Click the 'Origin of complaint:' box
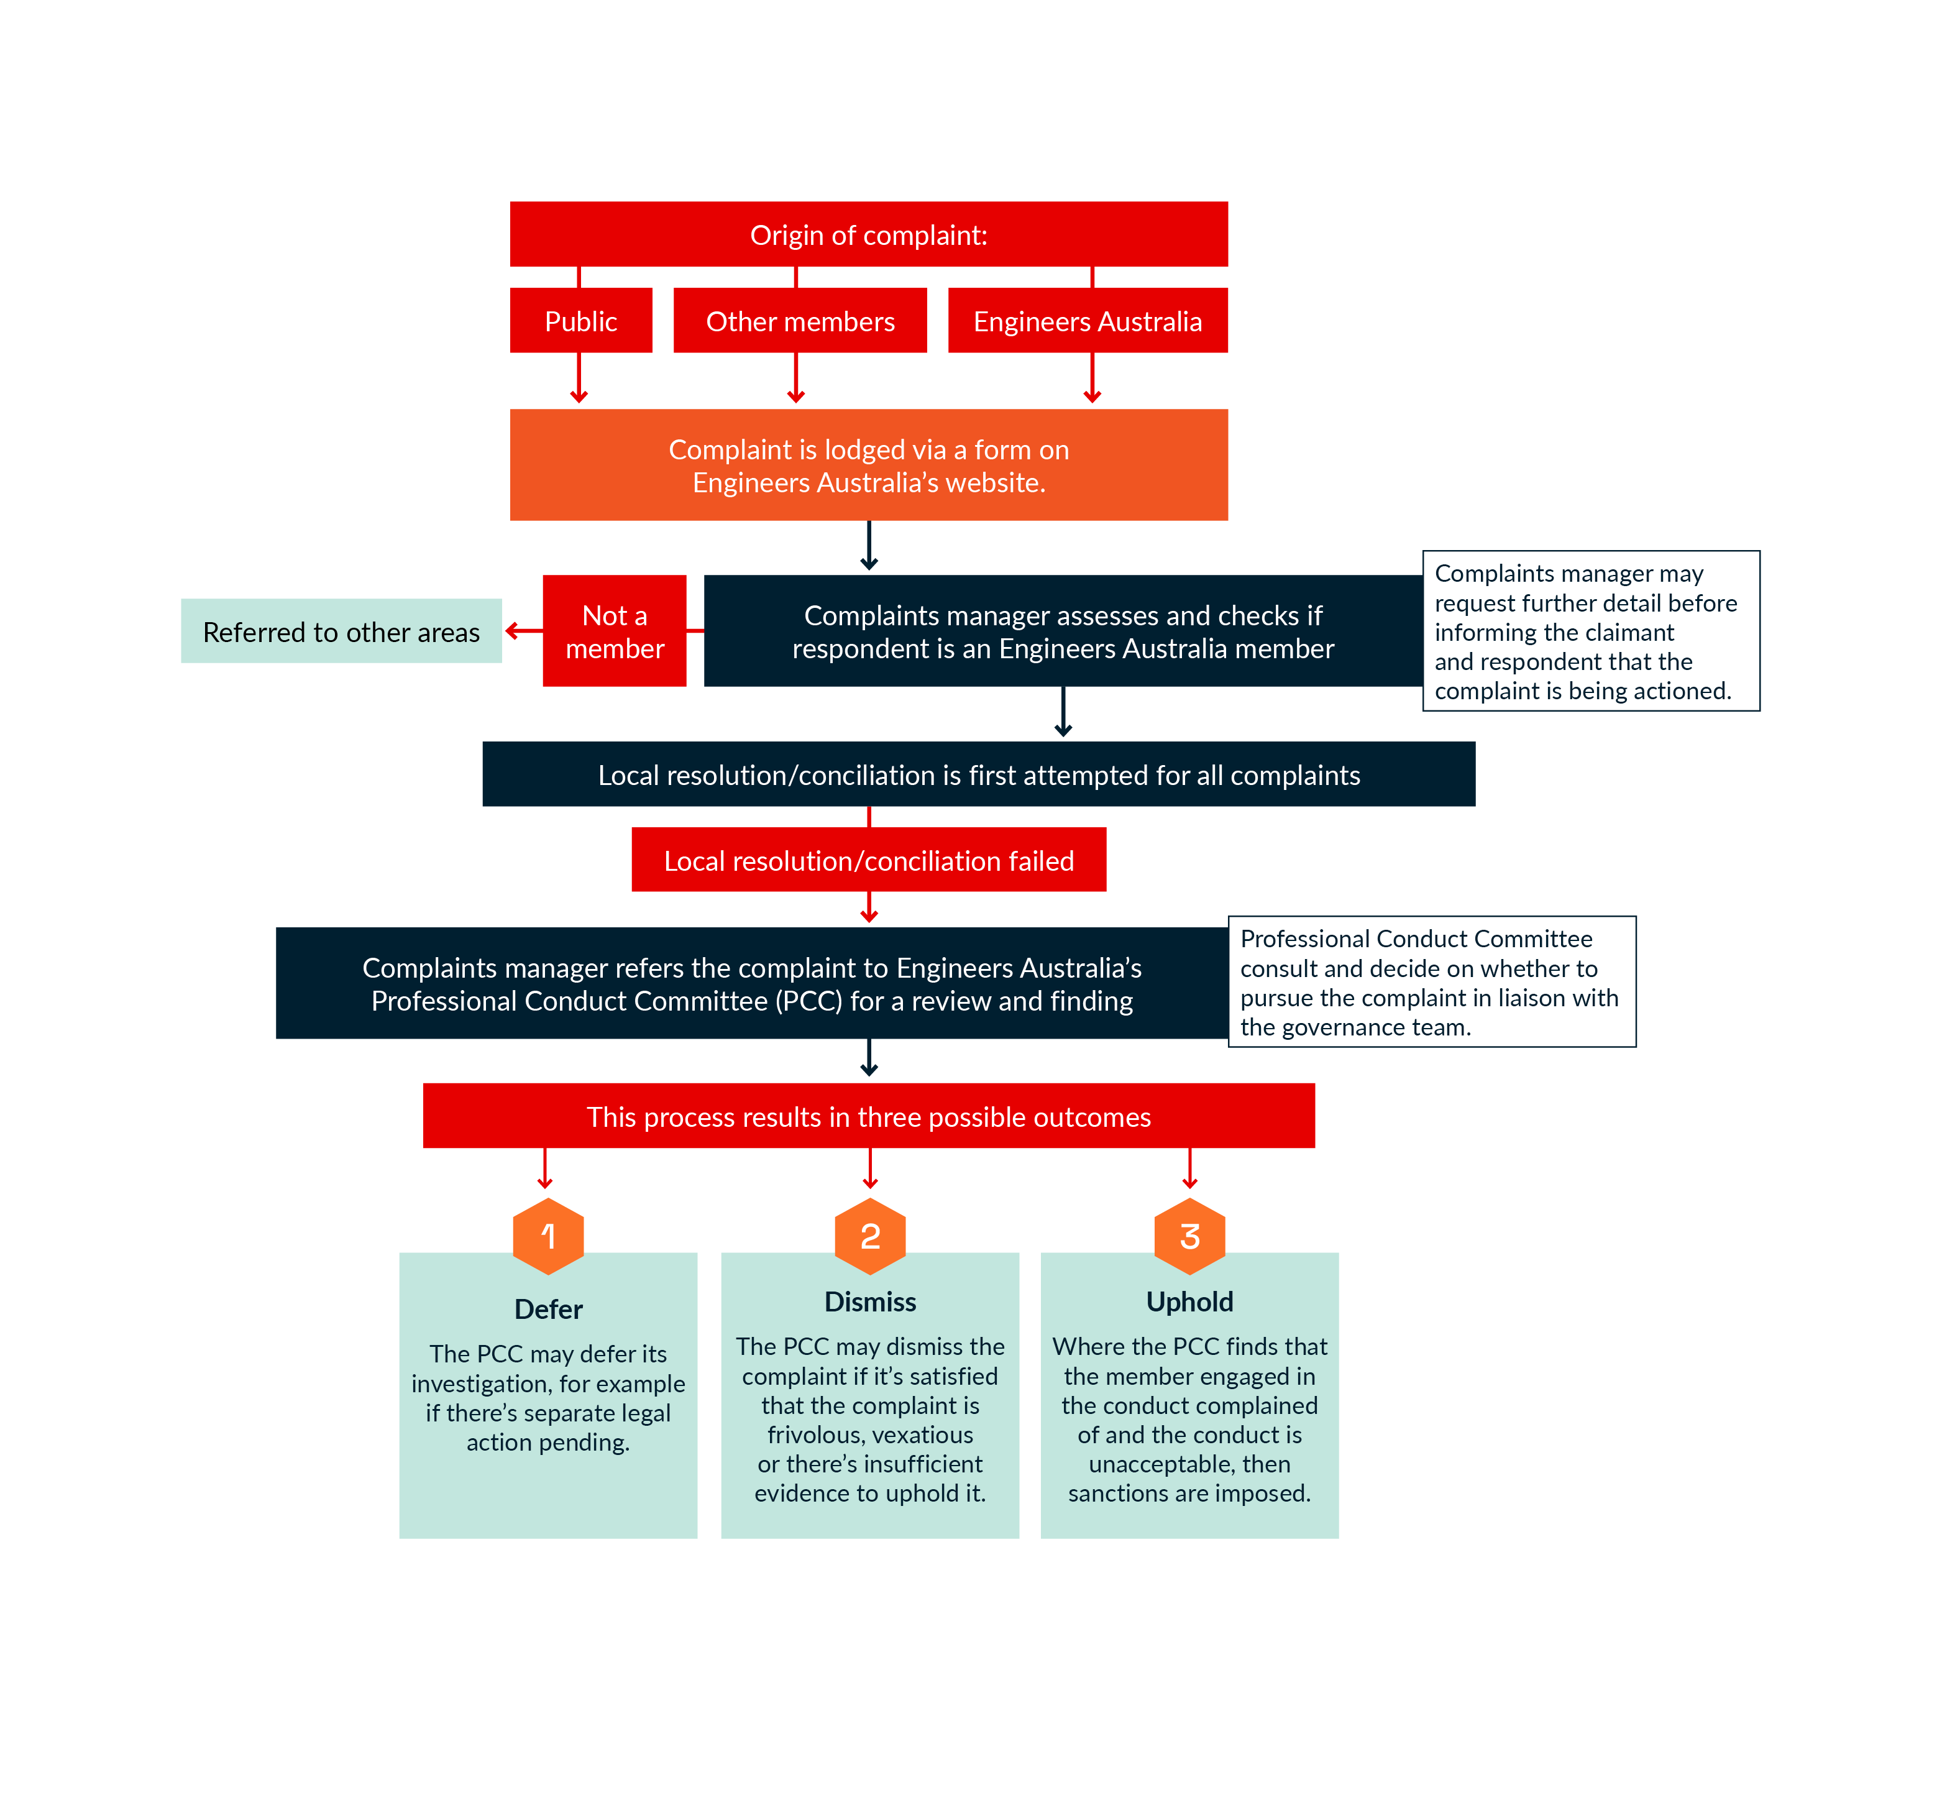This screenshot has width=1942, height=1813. click(x=868, y=234)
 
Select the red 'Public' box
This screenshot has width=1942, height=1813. click(x=580, y=321)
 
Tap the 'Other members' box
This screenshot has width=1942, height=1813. click(x=800, y=321)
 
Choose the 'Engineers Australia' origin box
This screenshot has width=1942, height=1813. click(x=1088, y=321)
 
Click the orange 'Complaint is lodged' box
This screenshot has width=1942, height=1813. click(x=868, y=465)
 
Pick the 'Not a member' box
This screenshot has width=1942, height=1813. click(x=615, y=631)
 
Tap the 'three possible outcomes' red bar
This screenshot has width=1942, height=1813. click(x=868, y=1116)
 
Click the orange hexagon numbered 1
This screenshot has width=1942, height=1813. click(x=548, y=1236)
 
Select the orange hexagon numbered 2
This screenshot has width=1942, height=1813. click(x=869, y=1236)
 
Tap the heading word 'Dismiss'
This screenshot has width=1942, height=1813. click(x=869, y=1301)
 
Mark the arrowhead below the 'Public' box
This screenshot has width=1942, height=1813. click(x=579, y=396)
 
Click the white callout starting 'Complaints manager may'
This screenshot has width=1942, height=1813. click(x=1590, y=631)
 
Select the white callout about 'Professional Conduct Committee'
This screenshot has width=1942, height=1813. click(x=1431, y=982)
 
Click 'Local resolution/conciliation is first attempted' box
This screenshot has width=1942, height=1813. click(x=978, y=774)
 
